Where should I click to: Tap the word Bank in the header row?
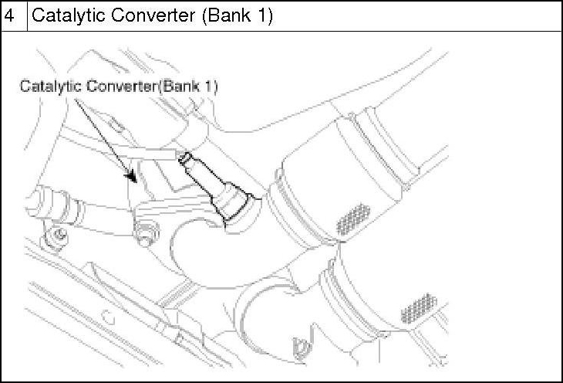tap(230, 15)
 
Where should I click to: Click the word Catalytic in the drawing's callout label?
tap(44, 86)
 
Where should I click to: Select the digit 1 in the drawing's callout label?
tap(207, 86)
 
